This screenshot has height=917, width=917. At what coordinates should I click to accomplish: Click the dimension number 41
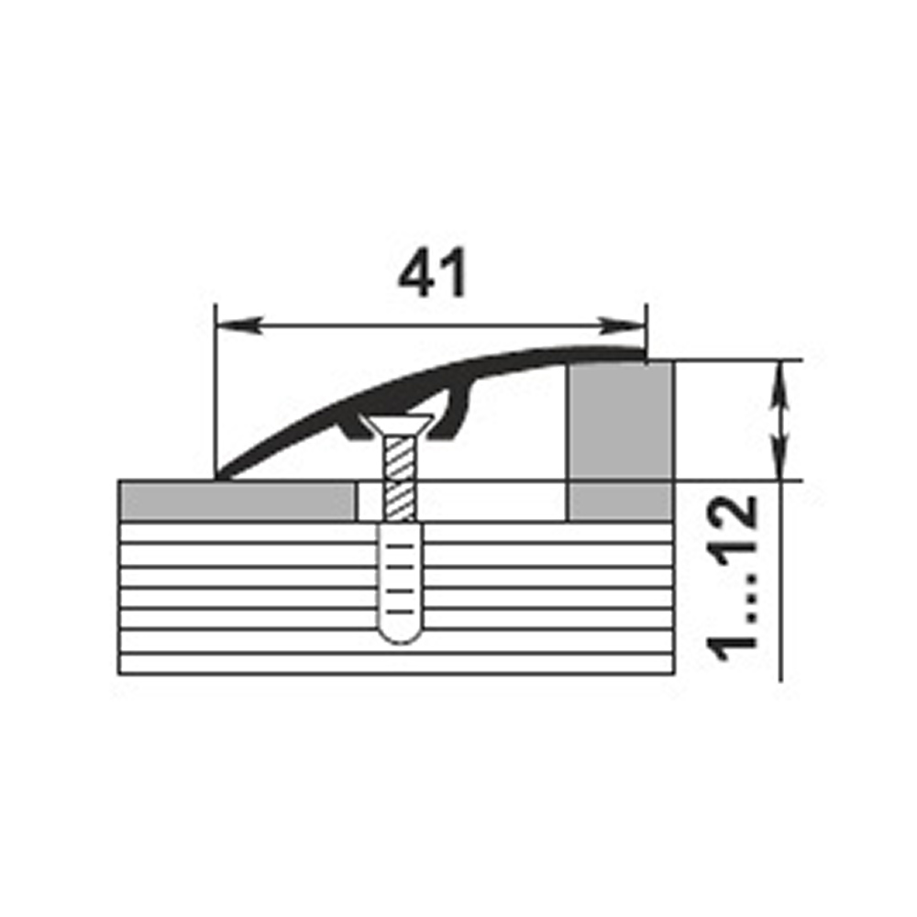pyautogui.click(x=432, y=273)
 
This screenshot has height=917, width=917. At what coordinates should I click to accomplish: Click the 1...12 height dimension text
pyautogui.click(x=732, y=579)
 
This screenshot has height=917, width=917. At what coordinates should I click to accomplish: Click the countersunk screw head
pyautogui.click(x=397, y=425)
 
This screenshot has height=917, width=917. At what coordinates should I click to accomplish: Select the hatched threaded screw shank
pyautogui.click(x=400, y=480)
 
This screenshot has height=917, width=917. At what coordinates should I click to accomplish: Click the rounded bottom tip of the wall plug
pyautogui.click(x=400, y=637)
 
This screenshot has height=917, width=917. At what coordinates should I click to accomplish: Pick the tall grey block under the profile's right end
pyautogui.click(x=621, y=421)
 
